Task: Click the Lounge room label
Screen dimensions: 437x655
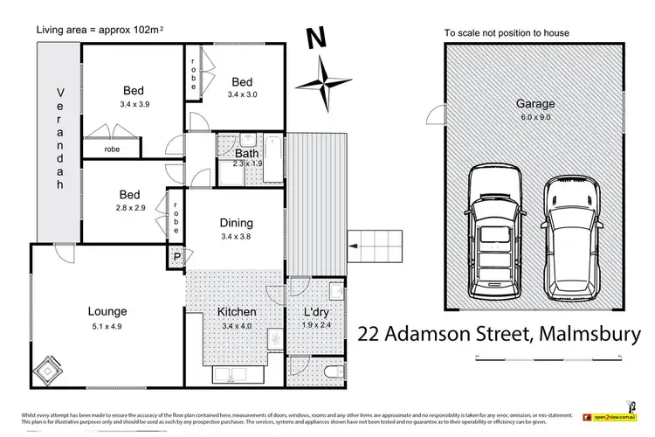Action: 107,310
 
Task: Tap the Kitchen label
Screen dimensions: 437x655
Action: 236,312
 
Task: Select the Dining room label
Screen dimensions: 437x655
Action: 236,223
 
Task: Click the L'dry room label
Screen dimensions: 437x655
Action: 315,312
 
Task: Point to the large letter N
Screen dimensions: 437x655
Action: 315,39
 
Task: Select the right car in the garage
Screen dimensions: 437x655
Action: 570,237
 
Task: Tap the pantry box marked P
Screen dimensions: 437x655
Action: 177,258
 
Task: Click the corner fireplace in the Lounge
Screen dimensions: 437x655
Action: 45,373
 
